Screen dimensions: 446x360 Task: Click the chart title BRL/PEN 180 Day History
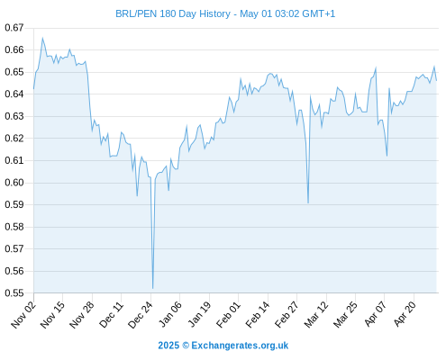pyautogui.click(x=173, y=13)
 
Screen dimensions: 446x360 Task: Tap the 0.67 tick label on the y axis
pyautogui.click(x=14, y=28)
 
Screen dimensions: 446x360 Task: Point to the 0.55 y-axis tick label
pyautogui.click(x=14, y=293)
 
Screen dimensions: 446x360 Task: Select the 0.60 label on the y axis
pyautogui.click(x=14, y=183)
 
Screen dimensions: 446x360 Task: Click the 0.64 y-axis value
pyautogui.click(x=14, y=94)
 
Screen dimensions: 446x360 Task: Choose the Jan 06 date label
pyautogui.click(x=169, y=314)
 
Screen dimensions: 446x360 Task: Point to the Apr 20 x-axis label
pyautogui.click(x=405, y=314)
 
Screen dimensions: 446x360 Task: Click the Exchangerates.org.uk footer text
pyautogui.click(x=240, y=346)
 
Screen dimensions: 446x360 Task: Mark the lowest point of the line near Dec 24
pyautogui.click(x=153, y=288)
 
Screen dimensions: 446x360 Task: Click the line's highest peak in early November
pyautogui.click(x=42, y=38)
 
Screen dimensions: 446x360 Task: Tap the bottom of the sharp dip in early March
pyautogui.click(x=308, y=202)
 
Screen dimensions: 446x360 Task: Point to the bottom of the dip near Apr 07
pyautogui.click(x=387, y=156)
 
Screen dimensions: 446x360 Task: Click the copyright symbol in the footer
pyautogui.click(x=186, y=346)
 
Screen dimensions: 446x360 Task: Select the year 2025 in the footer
pyautogui.click(x=168, y=346)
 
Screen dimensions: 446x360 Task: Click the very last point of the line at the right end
pyautogui.click(x=436, y=80)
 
